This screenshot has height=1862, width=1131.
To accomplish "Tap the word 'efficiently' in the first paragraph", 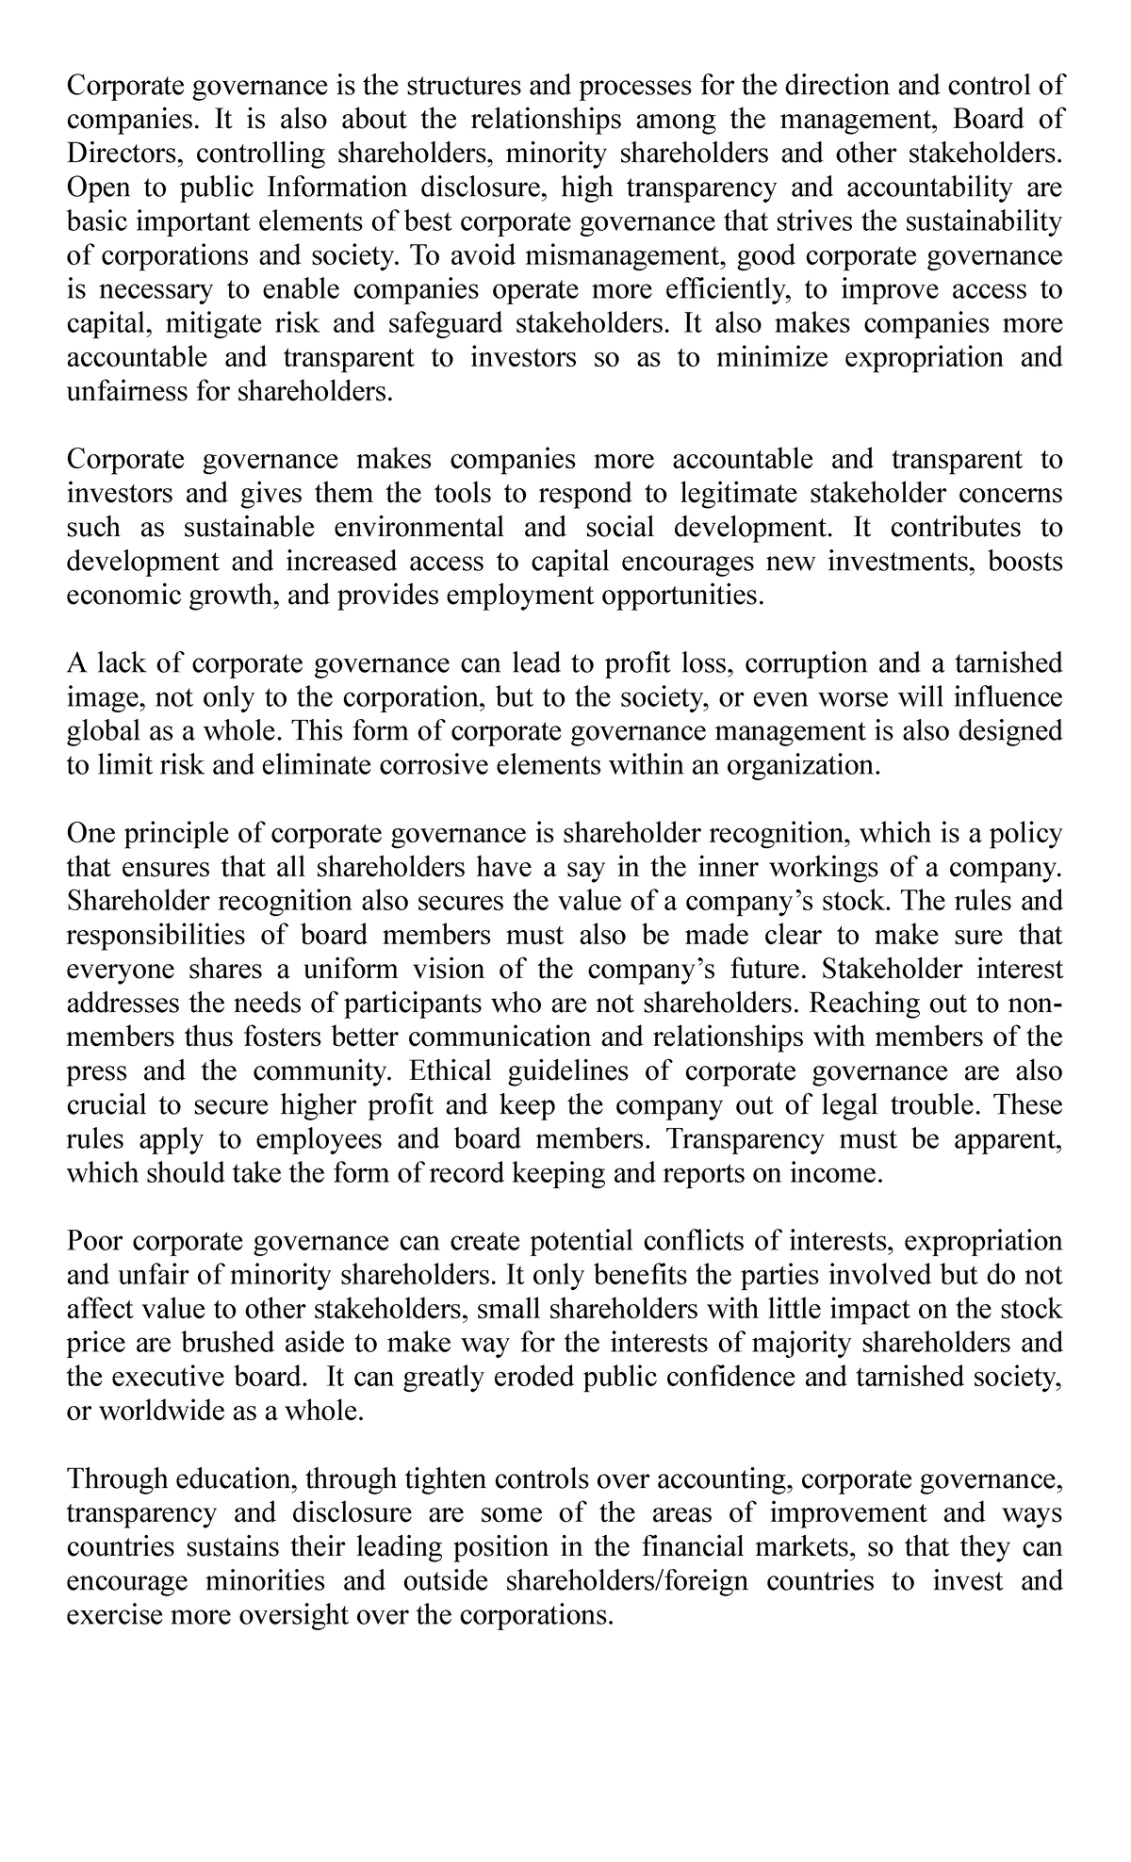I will (712, 289).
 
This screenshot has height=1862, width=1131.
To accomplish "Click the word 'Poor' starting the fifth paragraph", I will (95, 1241).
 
